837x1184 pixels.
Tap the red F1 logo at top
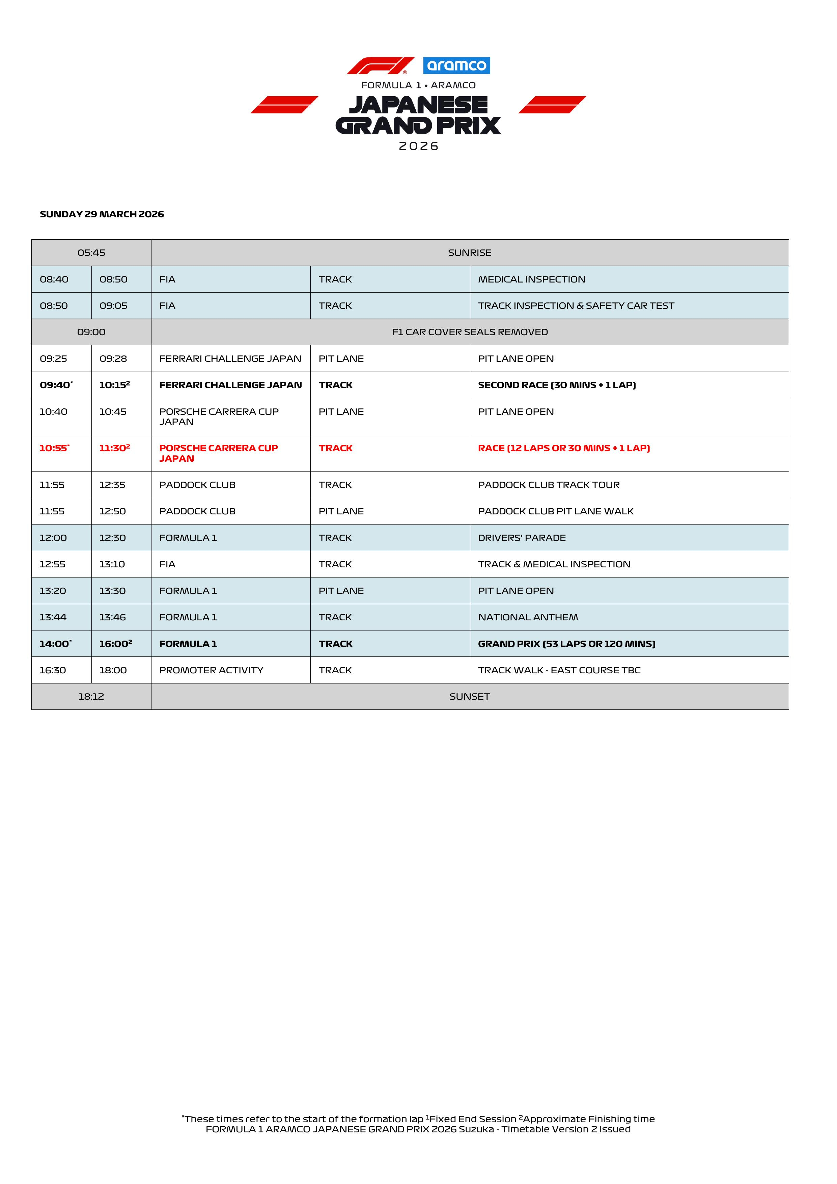click(380, 65)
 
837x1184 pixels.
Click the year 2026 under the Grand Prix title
click(418, 146)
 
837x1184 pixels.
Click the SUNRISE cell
click(470, 253)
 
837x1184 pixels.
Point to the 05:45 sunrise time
click(91, 253)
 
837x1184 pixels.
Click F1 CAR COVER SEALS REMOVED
click(470, 332)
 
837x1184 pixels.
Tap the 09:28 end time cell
click(113, 358)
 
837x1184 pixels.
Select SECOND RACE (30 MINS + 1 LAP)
click(557, 385)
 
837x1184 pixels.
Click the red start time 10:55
click(54, 448)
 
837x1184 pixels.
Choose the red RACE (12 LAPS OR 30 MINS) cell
click(564, 448)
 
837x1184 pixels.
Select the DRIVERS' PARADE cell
click(522, 538)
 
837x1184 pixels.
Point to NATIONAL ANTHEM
click(528, 617)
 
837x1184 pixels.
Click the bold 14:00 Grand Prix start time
click(55, 644)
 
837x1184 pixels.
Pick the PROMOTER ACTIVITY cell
click(211, 670)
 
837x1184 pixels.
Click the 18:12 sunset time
click(91, 696)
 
